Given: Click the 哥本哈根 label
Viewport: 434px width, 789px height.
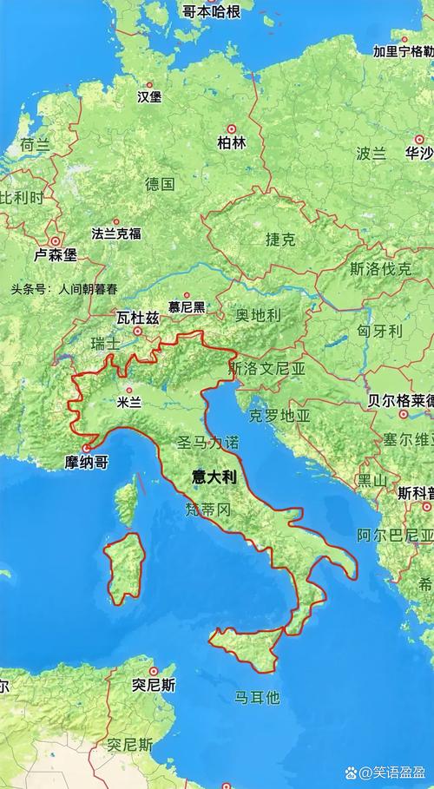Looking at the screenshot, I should pyautogui.click(x=211, y=10).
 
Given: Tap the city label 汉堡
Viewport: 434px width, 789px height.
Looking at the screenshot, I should pyautogui.click(x=149, y=97).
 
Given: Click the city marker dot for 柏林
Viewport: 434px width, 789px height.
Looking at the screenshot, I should pyautogui.click(x=232, y=127).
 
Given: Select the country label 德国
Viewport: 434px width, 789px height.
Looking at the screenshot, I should pyautogui.click(x=160, y=183).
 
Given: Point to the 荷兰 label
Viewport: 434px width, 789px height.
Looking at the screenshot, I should pyautogui.click(x=35, y=146).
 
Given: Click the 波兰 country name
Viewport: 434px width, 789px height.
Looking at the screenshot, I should pyautogui.click(x=371, y=154).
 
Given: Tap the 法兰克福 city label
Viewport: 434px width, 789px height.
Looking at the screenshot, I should pyautogui.click(x=116, y=233).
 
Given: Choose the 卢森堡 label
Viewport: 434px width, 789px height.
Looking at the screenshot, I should pyautogui.click(x=56, y=255).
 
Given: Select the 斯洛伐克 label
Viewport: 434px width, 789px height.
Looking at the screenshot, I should pyautogui.click(x=380, y=269).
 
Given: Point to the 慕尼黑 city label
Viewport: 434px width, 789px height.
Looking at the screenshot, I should pyautogui.click(x=187, y=306).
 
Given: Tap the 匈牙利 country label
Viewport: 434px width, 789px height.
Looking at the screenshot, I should pyautogui.click(x=380, y=331).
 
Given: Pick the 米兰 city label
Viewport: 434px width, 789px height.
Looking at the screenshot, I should pyautogui.click(x=128, y=402).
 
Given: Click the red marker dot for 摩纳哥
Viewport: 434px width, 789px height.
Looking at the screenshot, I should pyautogui.click(x=86, y=449).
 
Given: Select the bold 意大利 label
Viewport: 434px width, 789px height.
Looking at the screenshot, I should pyautogui.click(x=214, y=477).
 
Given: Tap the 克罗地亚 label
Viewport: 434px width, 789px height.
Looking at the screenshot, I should pyautogui.click(x=279, y=416).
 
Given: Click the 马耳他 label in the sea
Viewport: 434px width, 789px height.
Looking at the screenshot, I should pyautogui.click(x=257, y=696).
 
